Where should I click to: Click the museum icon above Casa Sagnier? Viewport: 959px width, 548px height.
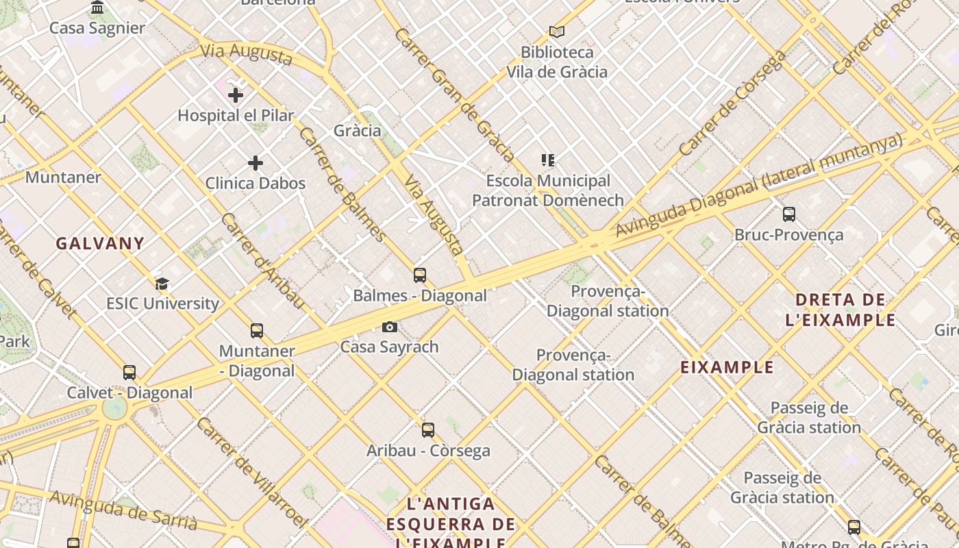tap(97, 8)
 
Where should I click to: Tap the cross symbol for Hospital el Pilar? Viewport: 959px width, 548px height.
tap(236, 95)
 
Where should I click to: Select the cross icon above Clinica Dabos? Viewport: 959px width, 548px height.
tap(256, 163)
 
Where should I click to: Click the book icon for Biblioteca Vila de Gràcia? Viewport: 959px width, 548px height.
tap(557, 32)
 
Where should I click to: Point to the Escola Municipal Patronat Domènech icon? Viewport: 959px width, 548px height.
tap(548, 160)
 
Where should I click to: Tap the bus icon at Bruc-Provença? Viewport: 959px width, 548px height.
tap(789, 214)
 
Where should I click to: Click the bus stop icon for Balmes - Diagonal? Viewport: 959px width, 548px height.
tap(420, 275)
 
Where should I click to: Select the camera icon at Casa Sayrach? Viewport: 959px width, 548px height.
tap(389, 327)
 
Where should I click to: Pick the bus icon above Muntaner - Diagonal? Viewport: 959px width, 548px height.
tap(257, 331)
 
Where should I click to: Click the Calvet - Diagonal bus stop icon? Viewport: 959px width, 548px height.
tap(129, 373)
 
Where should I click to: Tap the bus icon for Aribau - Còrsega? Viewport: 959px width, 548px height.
tap(428, 430)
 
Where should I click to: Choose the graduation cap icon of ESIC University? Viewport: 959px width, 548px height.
tap(162, 284)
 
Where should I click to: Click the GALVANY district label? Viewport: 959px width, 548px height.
tap(100, 243)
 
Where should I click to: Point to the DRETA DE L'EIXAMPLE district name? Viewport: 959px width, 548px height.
tap(840, 310)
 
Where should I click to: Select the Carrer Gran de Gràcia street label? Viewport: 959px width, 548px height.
tap(453, 94)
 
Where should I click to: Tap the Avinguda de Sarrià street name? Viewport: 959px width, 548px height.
tap(123, 511)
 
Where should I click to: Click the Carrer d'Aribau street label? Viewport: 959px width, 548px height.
tap(262, 261)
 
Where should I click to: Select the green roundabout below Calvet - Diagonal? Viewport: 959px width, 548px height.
tap(114, 409)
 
